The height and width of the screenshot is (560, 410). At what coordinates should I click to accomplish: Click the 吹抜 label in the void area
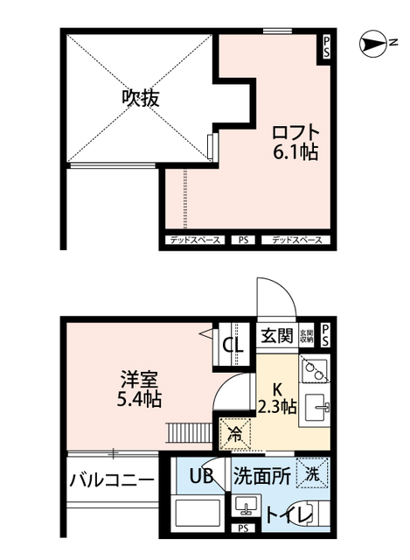140,99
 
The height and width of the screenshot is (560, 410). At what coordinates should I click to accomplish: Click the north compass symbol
377,42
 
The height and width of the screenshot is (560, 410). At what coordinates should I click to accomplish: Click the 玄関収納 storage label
306,335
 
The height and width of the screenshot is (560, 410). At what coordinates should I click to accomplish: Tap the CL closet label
233,345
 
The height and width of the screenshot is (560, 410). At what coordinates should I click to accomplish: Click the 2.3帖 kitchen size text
276,407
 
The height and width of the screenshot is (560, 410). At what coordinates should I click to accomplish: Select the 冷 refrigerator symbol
234,432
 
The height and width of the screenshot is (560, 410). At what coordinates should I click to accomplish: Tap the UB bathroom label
202,477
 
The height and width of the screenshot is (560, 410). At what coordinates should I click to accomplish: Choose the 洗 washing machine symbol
312,474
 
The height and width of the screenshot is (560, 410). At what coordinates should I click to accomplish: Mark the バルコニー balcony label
112,480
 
